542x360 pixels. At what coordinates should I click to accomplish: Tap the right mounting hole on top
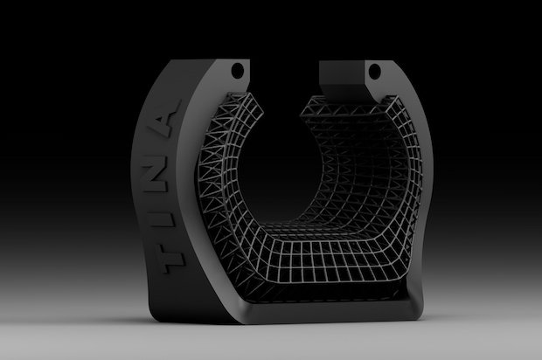point(375,69)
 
